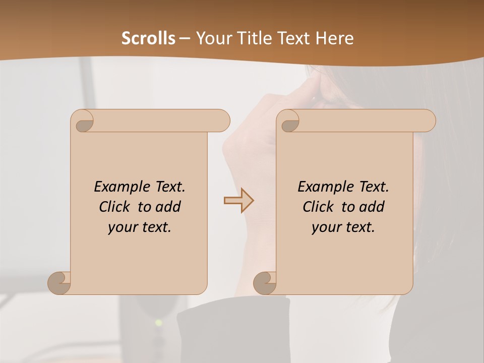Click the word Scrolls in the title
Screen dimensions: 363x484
pos(148,38)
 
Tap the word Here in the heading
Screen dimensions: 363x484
pos(334,38)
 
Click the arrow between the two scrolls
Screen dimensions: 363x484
pos(239,201)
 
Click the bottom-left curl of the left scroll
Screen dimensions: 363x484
pos(59,283)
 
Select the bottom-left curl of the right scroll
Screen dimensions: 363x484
pos(265,283)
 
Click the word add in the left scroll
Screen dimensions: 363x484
pos(168,207)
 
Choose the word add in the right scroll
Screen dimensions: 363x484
pos(372,207)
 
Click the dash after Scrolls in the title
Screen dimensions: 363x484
pos(185,38)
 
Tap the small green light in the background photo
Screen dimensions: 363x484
pos(159,322)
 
